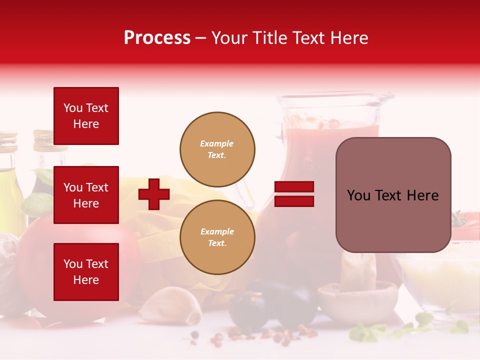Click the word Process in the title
pos(157,38)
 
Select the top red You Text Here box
pos(86,116)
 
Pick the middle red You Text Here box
pos(86,195)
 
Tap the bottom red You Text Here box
pos(86,272)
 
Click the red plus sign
pos(154,194)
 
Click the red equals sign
pos(294,194)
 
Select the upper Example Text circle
pos(217,149)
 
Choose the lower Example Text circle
pos(217,237)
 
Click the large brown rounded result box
pos(393,195)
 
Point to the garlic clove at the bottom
pos(167,305)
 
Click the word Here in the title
pos(349,38)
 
